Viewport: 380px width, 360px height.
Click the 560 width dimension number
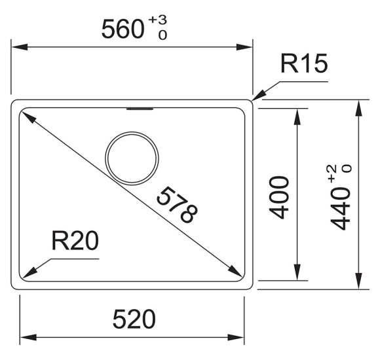coord(123,29)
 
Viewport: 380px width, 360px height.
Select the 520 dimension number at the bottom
coord(134,319)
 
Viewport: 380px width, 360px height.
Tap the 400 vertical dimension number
coord(279,198)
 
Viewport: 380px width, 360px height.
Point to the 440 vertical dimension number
coord(340,209)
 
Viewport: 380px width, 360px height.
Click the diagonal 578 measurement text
coord(177,205)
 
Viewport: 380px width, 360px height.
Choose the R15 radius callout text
coord(304,63)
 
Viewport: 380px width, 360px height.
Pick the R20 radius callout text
coord(75,240)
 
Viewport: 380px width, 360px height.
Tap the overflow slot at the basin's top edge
coord(140,109)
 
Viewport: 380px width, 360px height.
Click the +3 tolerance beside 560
coord(158,20)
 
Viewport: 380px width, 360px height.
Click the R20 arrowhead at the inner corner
coord(29,274)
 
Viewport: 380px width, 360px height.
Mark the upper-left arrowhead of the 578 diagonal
coord(28,116)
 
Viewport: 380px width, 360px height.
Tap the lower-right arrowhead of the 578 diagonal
coord(235,271)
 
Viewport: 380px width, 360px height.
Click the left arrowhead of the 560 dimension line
coord(19,47)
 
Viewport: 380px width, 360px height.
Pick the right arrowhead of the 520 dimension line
coord(236,337)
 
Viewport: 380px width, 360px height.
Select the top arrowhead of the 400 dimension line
coord(297,117)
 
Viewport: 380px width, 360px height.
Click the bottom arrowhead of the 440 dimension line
coord(358,281)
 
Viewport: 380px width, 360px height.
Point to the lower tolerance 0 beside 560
coord(162,35)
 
